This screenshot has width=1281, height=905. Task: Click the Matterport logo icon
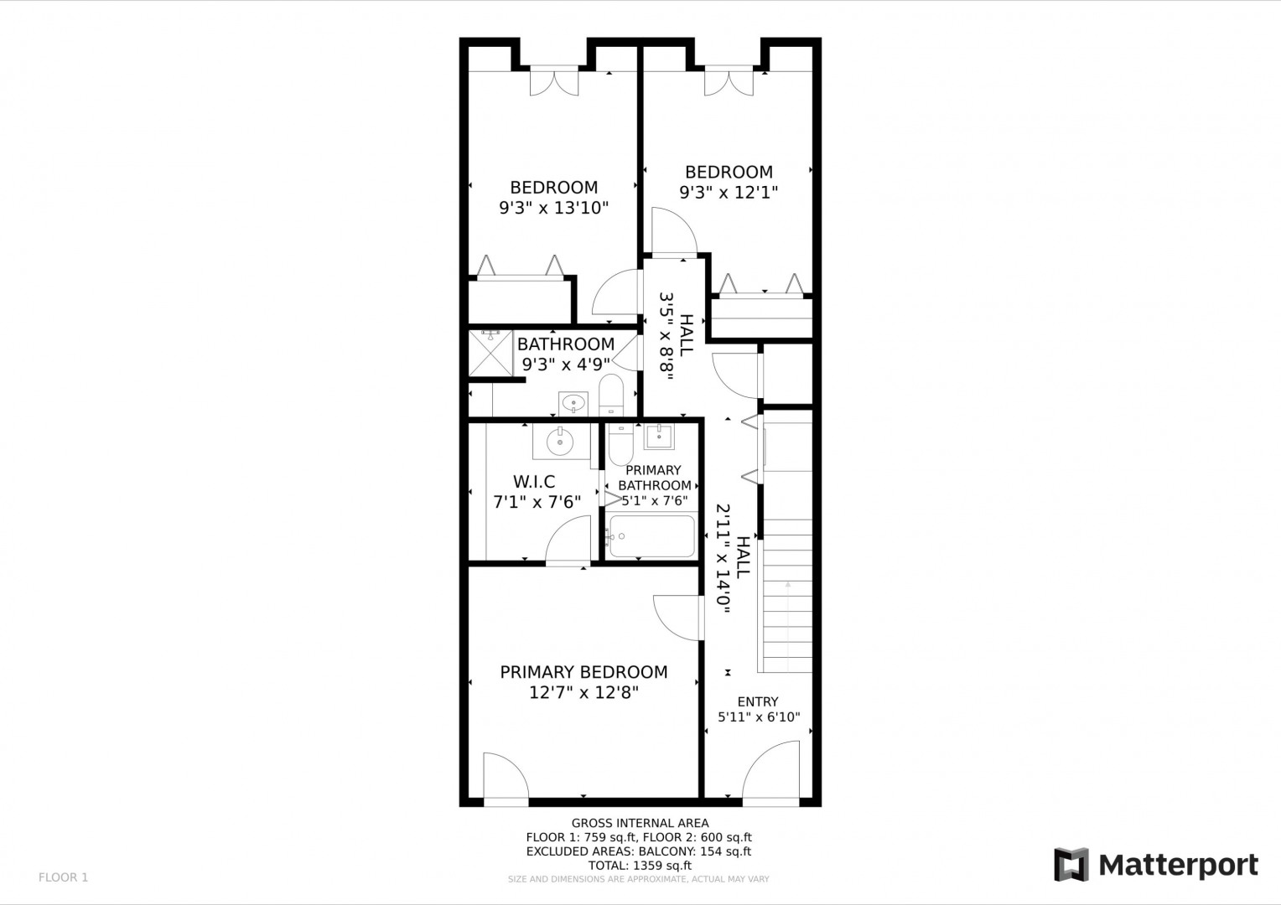pyautogui.click(x=1071, y=864)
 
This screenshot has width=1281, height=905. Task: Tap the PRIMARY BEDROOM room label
pyautogui.click(x=583, y=672)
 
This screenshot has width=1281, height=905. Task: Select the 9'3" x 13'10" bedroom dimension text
pyautogui.click(x=553, y=208)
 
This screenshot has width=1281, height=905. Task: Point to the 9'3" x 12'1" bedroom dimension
pyautogui.click(x=729, y=192)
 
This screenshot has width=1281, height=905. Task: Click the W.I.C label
pyautogui.click(x=534, y=481)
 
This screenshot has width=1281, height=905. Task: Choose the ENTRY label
pyautogui.click(x=758, y=701)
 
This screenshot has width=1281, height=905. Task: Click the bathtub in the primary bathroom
pyautogui.click(x=652, y=536)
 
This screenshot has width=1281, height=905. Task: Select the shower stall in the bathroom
pyautogui.click(x=490, y=353)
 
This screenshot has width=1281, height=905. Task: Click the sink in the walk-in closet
pyautogui.click(x=560, y=441)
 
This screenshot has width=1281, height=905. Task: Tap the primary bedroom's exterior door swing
pyautogui.click(x=506, y=775)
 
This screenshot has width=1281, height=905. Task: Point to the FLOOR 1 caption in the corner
pyautogui.click(x=64, y=877)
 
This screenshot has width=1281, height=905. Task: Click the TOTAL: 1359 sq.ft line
pyautogui.click(x=640, y=866)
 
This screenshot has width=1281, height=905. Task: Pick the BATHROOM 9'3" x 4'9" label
pyautogui.click(x=566, y=354)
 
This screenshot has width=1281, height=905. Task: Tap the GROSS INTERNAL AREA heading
pyautogui.click(x=640, y=823)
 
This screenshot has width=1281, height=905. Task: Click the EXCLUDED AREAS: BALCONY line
pyautogui.click(x=639, y=851)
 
